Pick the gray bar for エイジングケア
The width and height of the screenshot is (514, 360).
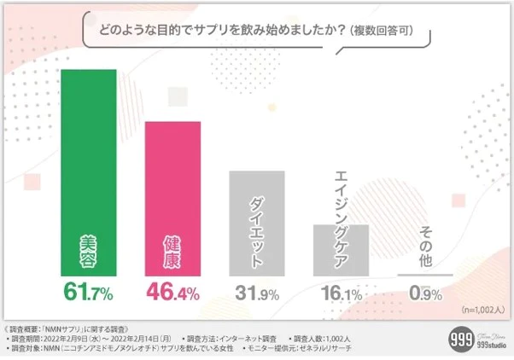click(x=341, y=249)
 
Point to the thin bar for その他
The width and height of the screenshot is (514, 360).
click(x=425, y=275)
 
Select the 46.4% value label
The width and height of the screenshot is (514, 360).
click(x=172, y=293)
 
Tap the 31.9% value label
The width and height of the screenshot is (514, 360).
click(x=257, y=293)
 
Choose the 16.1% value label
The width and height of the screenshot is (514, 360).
click(x=341, y=293)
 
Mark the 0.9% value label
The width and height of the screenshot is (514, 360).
click(x=425, y=293)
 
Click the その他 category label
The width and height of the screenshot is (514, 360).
click(x=425, y=247)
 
